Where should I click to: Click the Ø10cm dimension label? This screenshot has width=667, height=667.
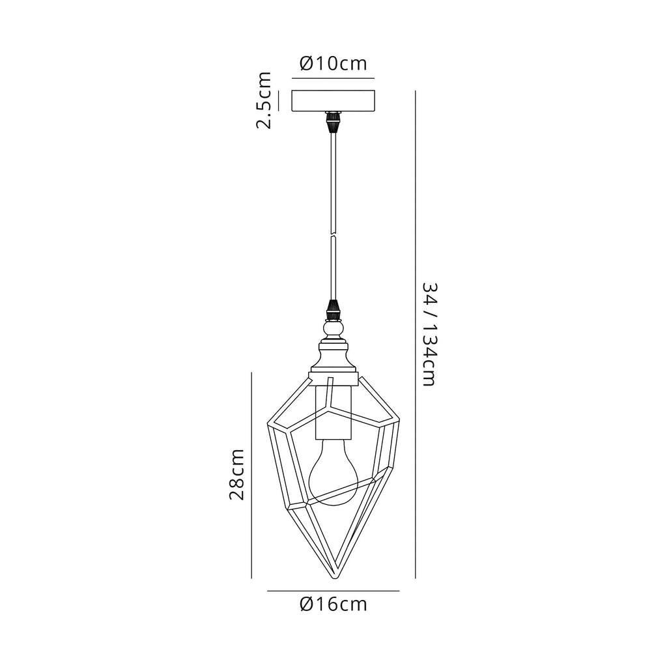(333, 63)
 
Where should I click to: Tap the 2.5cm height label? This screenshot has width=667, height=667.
(263, 100)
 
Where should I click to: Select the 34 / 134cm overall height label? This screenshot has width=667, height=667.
(429, 334)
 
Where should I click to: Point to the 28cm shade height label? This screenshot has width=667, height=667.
(237, 474)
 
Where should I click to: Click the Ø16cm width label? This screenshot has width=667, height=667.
(333, 604)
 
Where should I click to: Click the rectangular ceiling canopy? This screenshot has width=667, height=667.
(333, 100)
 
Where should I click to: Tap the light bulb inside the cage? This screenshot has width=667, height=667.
(333, 472)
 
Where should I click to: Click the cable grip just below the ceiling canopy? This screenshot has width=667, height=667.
(333, 122)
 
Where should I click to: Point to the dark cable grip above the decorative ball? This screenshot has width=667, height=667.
(333, 310)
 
